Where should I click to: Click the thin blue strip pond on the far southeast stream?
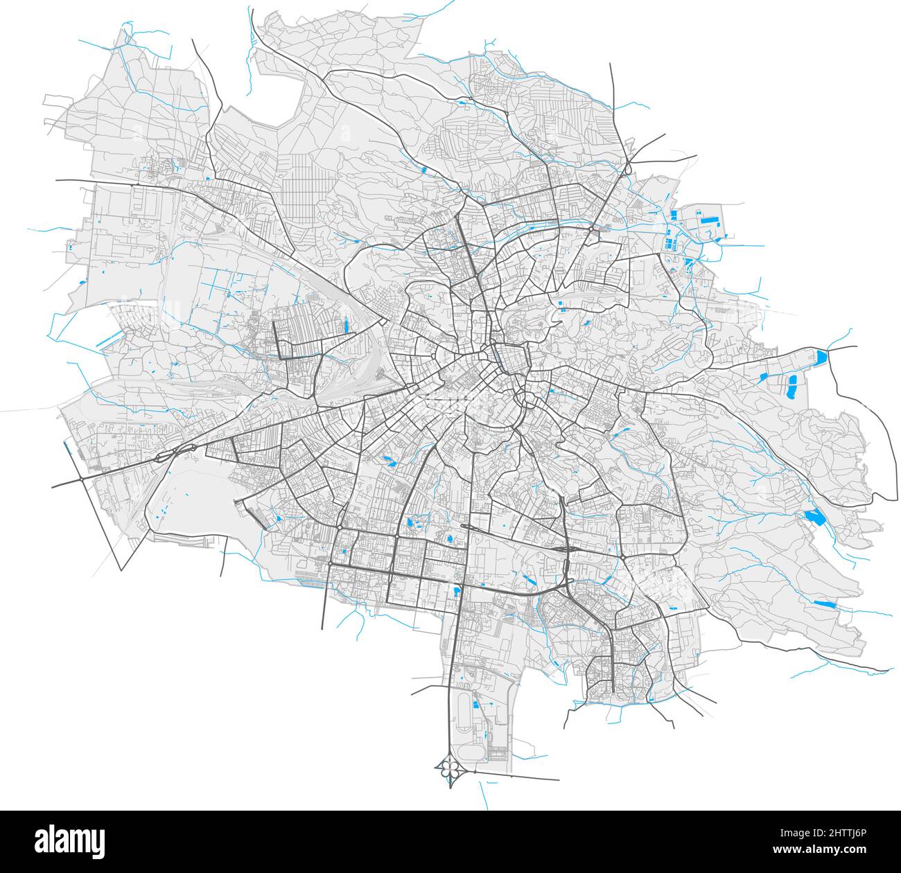coord(825,604)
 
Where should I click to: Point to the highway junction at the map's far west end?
coord(82,478)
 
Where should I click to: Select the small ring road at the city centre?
coord(511,360)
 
